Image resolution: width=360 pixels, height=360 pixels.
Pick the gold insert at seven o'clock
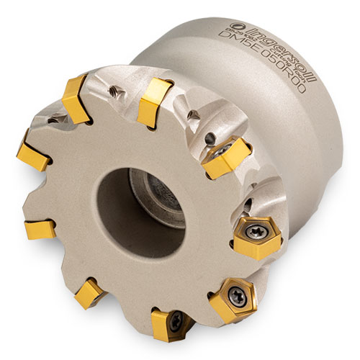pos(91,294)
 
